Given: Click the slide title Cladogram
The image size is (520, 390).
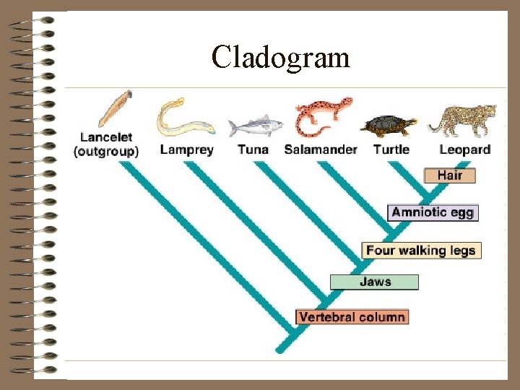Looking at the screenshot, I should click(x=281, y=56).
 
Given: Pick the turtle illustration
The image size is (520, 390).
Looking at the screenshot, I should click(x=391, y=125).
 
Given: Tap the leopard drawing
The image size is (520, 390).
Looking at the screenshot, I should click(x=464, y=119).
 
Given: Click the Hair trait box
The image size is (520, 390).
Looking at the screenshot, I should click(x=449, y=175).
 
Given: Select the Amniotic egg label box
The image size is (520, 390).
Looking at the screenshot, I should click(x=433, y=212).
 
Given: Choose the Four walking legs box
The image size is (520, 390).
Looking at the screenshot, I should click(x=421, y=251).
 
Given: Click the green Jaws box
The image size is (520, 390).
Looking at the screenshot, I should click(x=374, y=282).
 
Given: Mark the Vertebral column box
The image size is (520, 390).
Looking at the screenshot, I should click(x=352, y=316).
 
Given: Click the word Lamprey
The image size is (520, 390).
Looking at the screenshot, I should click(x=186, y=150).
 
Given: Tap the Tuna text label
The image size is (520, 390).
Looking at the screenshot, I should click(x=253, y=150).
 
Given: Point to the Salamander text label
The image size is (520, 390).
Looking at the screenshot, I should click(x=321, y=150).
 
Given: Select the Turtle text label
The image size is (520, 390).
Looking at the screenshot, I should click(x=391, y=150).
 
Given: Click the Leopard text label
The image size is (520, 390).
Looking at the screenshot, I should click(x=464, y=150).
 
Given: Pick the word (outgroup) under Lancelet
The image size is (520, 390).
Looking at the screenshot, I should click(x=106, y=152).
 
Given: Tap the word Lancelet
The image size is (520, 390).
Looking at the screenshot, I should click(x=105, y=138).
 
